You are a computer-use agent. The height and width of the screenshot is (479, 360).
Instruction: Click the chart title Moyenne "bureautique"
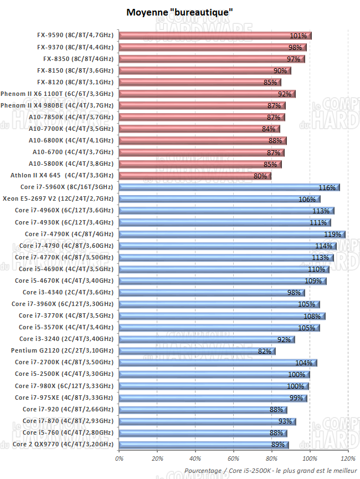coord(179,12)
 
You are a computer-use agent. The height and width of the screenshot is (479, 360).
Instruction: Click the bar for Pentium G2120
coord(197,351)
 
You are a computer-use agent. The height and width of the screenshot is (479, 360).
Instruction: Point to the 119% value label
coord(333,235)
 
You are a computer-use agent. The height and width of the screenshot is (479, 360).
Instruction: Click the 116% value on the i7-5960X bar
coord(327,188)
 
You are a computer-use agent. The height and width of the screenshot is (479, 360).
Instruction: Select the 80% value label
coord(260,176)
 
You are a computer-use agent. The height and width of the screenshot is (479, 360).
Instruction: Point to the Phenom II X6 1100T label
coord(57,94)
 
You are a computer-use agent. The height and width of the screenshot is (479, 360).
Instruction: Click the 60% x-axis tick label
coord(233,459)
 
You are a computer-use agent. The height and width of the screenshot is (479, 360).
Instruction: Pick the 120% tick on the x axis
coord(348,459)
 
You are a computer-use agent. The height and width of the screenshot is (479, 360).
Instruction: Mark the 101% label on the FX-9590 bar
coord(298,36)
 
